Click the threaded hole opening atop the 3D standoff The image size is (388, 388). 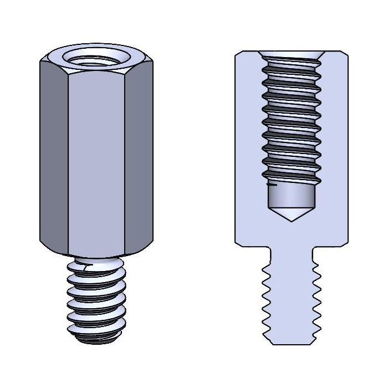[x=96, y=57]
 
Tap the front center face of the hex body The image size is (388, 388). [x=96, y=161]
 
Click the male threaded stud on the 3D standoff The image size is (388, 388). [x=96, y=299]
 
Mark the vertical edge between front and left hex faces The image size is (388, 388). [x=67, y=161]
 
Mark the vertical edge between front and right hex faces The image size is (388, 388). [x=125, y=161]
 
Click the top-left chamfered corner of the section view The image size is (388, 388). [x=238, y=54]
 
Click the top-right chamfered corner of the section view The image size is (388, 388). [x=345, y=54]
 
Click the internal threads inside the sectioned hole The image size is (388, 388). [x=292, y=122]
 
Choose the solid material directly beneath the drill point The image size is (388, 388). [x=292, y=233]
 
